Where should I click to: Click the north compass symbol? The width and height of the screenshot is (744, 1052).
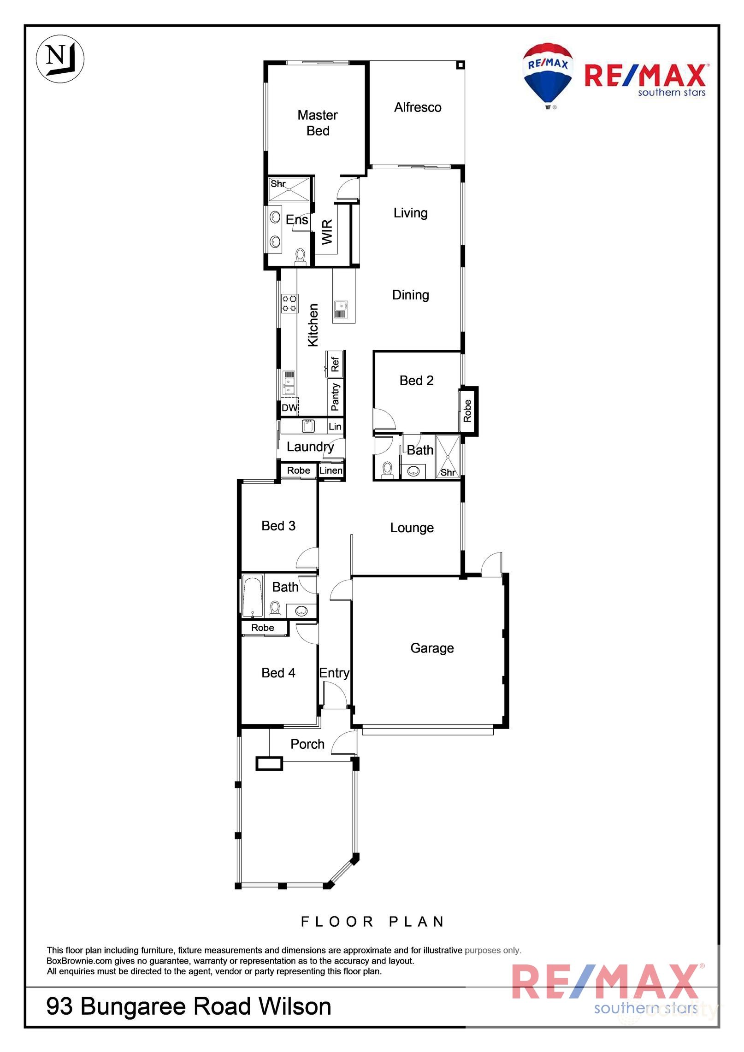point(60,59)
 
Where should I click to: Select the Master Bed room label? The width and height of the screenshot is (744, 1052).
point(318,123)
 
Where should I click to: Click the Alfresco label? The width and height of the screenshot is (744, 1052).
point(418,107)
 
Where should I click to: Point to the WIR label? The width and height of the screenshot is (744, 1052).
point(327,232)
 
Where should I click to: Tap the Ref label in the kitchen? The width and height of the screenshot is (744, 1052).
point(335,364)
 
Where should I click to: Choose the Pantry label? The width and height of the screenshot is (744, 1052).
point(335,397)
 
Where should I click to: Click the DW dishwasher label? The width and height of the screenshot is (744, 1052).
point(289,408)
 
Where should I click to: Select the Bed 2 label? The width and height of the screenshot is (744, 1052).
point(417,380)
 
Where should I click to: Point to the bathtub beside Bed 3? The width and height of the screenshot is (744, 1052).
point(253,595)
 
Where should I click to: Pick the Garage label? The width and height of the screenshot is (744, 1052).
point(432,648)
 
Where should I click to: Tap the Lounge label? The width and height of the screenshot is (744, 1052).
point(412,528)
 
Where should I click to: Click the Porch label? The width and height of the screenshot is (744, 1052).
point(307,744)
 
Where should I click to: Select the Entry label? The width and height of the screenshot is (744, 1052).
point(334,673)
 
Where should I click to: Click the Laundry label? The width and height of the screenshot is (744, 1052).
point(310,447)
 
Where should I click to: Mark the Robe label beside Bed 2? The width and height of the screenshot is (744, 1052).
point(467,411)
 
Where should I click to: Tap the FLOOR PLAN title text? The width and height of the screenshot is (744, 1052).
point(372,922)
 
